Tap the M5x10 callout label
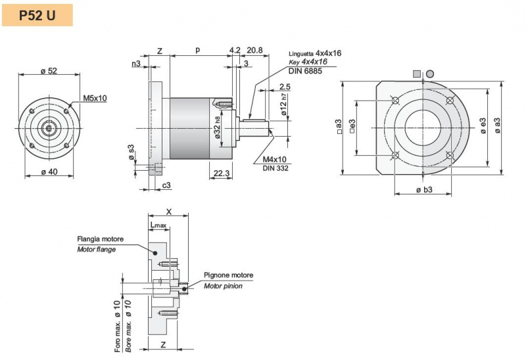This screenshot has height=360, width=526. click(95, 99)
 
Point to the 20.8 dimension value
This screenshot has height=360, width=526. click(255, 51)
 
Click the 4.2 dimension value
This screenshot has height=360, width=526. click(235, 51)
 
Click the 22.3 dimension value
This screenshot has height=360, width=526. click(222, 173)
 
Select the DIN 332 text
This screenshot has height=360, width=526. click(275, 169)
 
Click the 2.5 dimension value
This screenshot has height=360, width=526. click(285, 87)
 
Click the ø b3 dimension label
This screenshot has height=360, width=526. click(423, 190)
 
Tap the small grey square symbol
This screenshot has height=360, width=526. click(416, 73)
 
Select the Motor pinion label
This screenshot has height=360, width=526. click(223, 286)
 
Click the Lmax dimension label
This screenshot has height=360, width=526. click(159, 225)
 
